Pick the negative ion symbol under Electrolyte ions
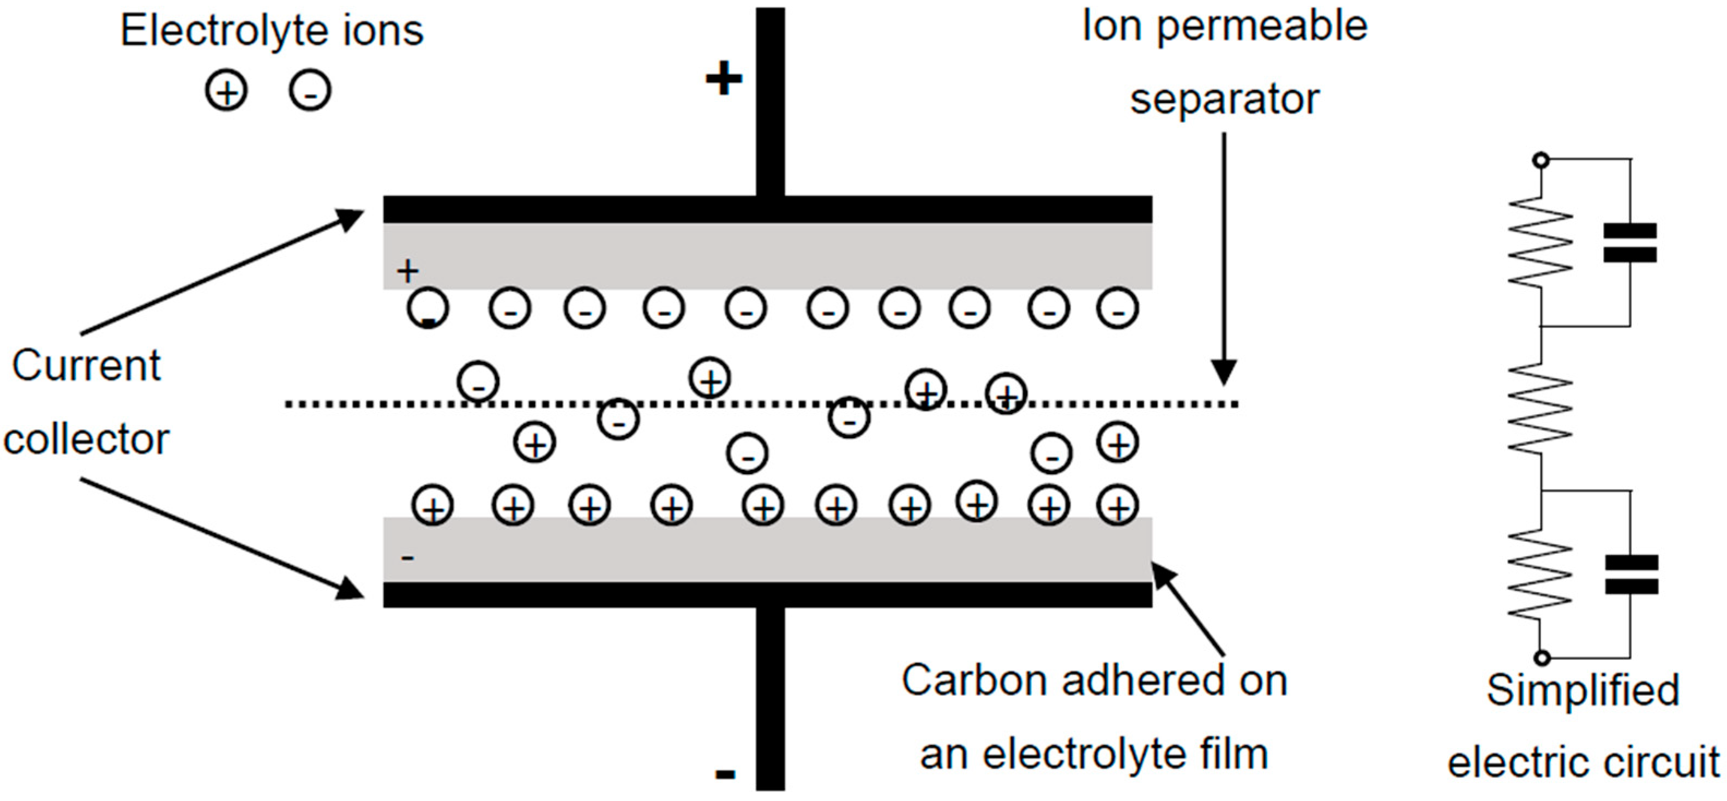(310, 91)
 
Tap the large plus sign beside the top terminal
(724, 79)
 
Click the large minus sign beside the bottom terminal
(725, 774)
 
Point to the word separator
(1224, 99)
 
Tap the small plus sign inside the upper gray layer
(407, 272)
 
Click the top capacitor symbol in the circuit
(1630, 242)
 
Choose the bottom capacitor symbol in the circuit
(1631, 574)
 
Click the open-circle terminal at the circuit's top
(1541, 160)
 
